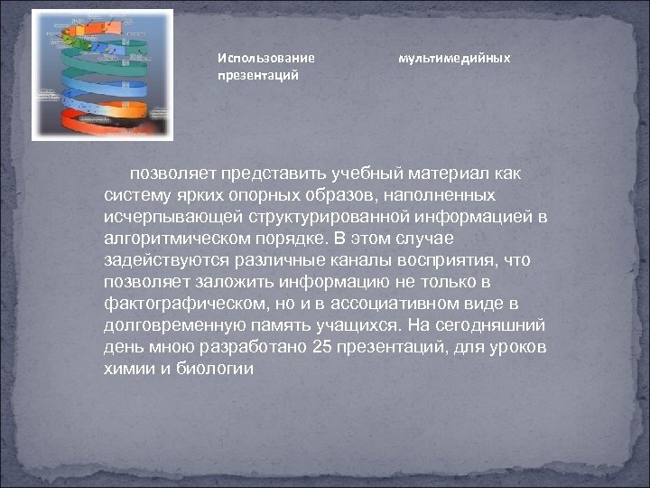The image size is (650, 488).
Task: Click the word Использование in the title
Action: click(x=265, y=58)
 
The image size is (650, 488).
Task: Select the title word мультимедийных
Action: click(x=454, y=58)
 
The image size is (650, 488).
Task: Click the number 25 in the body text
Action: click(x=321, y=348)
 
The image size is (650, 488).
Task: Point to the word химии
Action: click(x=129, y=369)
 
